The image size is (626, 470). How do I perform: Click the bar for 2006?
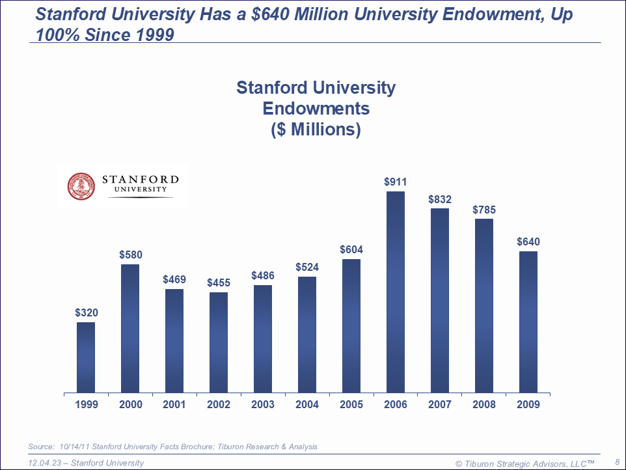[395, 292]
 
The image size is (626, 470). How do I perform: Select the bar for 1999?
[86, 357]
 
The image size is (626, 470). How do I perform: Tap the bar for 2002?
[219, 342]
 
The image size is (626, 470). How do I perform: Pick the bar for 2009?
[528, 322]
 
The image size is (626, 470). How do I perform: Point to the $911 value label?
[395, 182]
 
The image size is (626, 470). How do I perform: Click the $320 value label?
[86, 313]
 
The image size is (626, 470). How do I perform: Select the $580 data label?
[130, 255]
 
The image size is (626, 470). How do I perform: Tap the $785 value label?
[483, 210]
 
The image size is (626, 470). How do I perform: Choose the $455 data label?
[219, 283]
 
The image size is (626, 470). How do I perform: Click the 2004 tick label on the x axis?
[307, 405]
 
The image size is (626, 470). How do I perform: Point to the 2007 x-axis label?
[440, 405]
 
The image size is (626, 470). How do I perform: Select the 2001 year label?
[174, 405]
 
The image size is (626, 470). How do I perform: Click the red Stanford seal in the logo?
[81, 185]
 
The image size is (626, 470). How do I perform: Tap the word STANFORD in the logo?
[140, 179]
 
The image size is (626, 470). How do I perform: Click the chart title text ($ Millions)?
[316, 129]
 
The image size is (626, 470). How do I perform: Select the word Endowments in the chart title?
[316, 108]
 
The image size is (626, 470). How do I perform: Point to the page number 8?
[616, 462]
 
